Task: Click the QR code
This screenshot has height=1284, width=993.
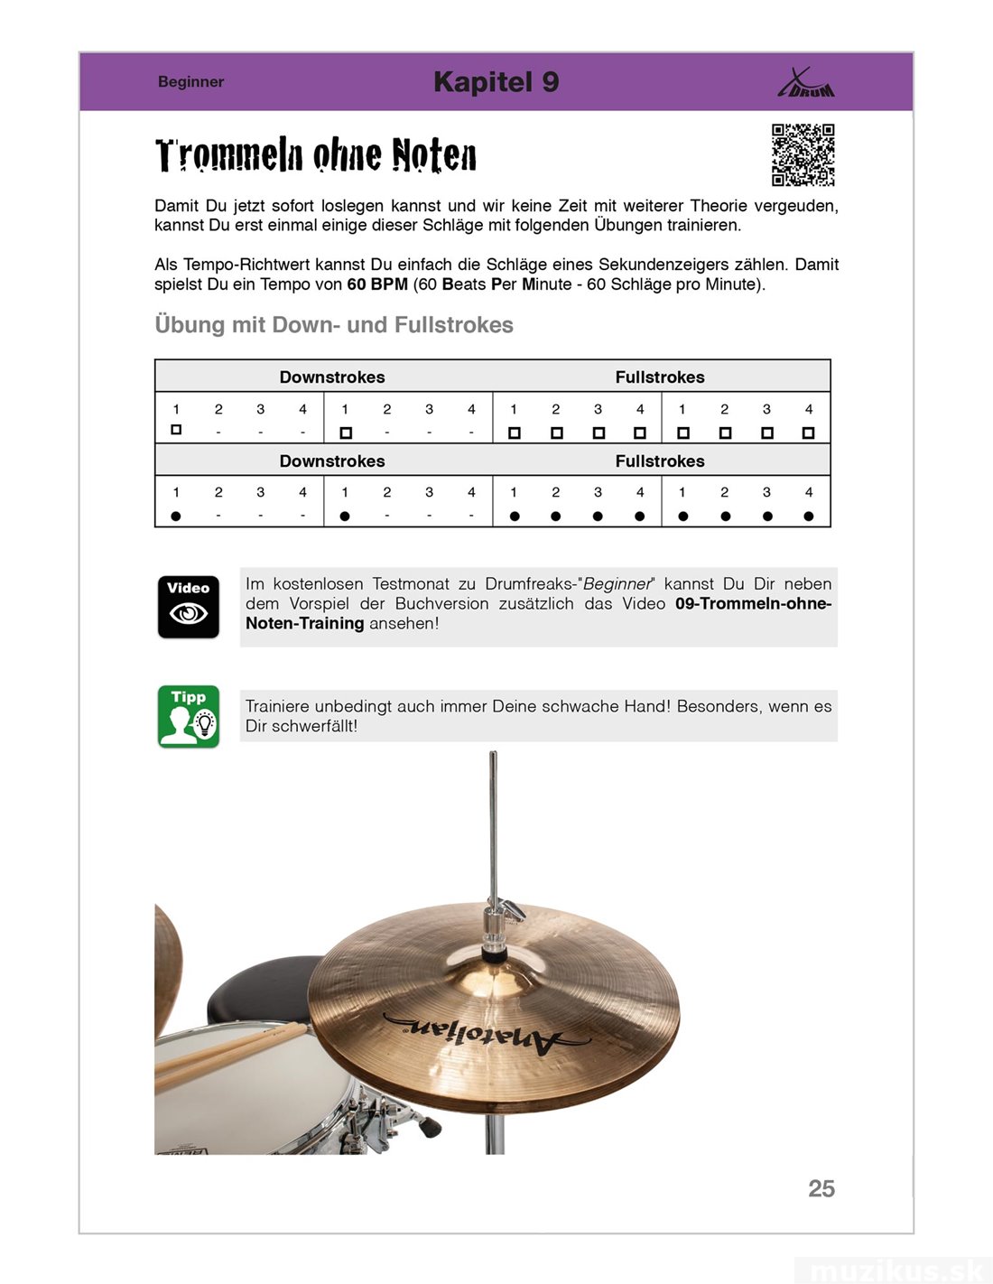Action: click(x=803, y=155)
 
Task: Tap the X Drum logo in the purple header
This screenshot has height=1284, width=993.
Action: click(x=805, y=84)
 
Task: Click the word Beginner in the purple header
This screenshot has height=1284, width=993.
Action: click(x=190, y=82)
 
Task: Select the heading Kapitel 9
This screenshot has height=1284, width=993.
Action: click(x=496, y=82)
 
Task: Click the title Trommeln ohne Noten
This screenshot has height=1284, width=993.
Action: click(x=316, y=155)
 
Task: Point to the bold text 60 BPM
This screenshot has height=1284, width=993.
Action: click(x=377, y=284)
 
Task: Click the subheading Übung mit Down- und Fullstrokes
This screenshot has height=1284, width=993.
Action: click(x=334, y=325)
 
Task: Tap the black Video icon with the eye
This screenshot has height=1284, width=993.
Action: click(x=189, y=607)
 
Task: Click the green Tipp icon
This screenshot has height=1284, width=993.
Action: click(x=189, y=717)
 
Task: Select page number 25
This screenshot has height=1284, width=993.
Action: click(x=821, y=1188)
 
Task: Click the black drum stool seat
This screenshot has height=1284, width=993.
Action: click(x=262, y=989)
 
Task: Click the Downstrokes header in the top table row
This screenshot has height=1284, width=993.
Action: click(x=332, y=377)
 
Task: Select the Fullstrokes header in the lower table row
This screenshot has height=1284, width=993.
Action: click(x=660, y=461)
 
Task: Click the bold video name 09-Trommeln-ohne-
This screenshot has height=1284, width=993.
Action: click(x=753, y=604)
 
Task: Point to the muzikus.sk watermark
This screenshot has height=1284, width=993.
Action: click(x=894, y=1270)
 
